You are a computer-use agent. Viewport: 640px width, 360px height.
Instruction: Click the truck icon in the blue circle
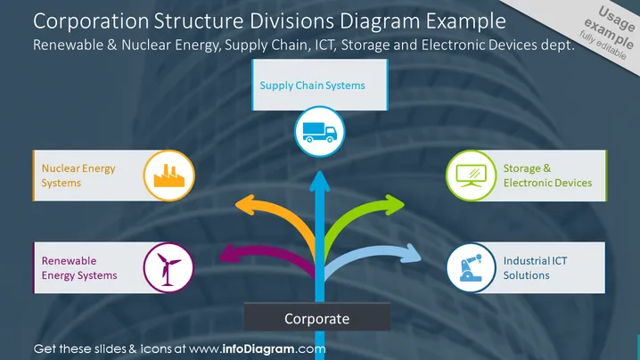(x=320, y=132)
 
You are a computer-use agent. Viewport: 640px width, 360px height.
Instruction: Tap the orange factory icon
(x=169, y=176)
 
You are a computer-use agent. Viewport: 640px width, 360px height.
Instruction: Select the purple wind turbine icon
(x=168, y=269)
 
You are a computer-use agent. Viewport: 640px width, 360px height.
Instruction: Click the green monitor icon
(x=471, y=176)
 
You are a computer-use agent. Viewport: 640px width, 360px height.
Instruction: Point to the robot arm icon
(x=471, y=267)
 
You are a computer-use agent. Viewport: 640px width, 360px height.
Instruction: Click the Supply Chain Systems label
(x=312, y=86)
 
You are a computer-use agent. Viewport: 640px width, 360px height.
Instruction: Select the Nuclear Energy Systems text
(x=78, y=176)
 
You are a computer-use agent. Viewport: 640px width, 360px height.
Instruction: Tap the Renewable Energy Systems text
(x=79, y=267)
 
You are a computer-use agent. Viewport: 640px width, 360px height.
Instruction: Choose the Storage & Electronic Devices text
(x=547, y=176)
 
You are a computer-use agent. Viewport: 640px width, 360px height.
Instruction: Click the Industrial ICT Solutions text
(x=535, y=267)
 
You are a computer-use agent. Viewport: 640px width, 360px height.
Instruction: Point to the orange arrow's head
(x=244, y=205)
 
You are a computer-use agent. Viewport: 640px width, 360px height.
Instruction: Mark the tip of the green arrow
(x=405, y=204)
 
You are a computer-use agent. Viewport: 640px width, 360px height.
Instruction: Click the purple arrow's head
(x=228, y=254)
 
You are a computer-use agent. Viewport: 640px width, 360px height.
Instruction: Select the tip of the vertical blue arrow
(x=320, y=171)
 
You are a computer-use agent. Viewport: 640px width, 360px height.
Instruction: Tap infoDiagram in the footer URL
(x=258, y=349)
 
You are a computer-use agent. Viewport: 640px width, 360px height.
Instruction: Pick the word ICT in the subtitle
(x=324, y=45)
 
